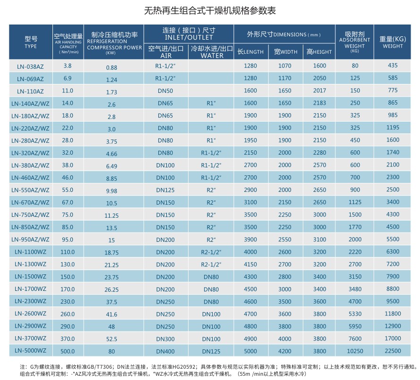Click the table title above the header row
point(210,11)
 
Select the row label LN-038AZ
point(30,66)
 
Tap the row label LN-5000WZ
point(30,351)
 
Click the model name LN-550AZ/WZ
point(30,190)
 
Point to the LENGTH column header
point(250,52)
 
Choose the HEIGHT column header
point(319,52)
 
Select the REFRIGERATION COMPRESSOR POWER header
point(114,43)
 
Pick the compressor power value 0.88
point(111,67)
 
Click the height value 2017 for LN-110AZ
point(319,91)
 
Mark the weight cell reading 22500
point(393,351)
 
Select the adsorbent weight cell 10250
point(355,351)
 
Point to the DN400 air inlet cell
point(165,351)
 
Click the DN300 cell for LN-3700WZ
point(165,339)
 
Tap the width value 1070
point(285,66)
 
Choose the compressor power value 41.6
point(111,314)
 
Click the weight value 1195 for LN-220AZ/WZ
point(393,127)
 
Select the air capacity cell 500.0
point(68,351)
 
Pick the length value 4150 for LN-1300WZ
point(250,264)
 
